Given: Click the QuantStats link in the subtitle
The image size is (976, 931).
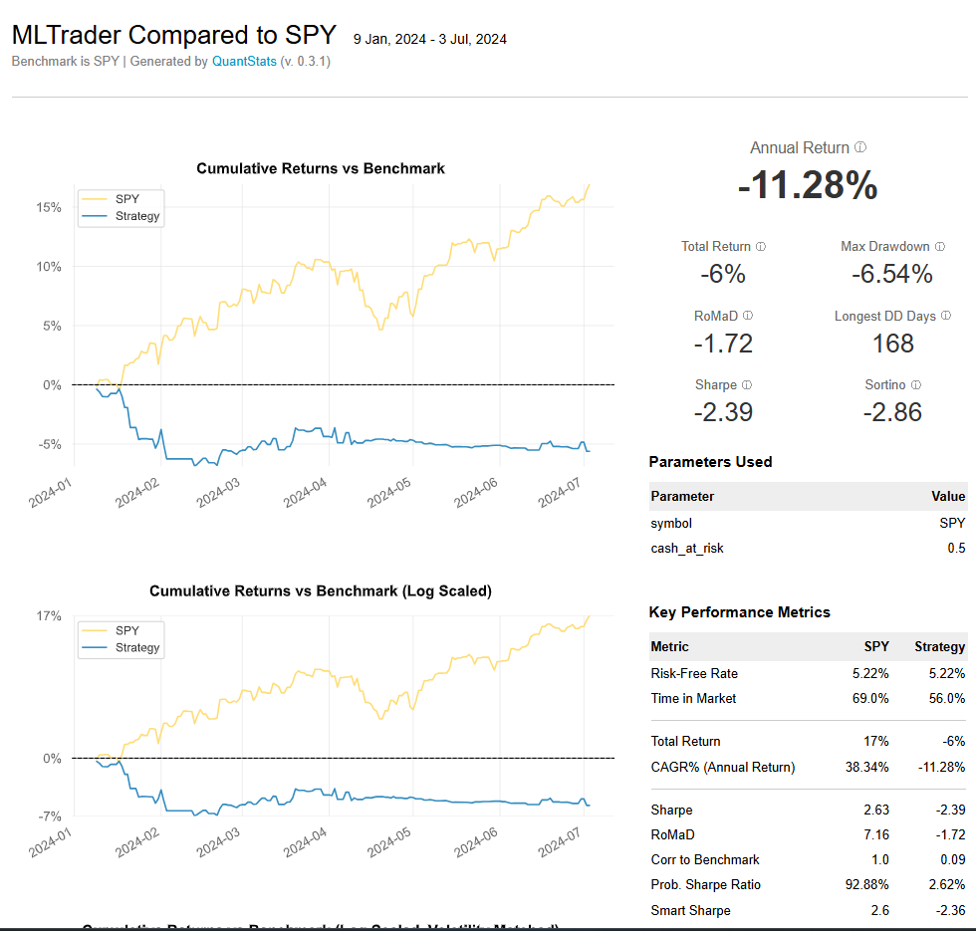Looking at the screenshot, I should coord(244,61).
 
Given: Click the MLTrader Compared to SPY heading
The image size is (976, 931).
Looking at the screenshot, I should coord(174,35).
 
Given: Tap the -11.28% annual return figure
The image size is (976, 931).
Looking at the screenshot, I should coord(808,186).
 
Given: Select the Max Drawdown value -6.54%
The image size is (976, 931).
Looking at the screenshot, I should coord(892,274).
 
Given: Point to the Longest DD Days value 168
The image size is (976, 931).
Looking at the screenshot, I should coord(892,344).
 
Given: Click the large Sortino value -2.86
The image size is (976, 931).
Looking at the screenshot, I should coord(892,411).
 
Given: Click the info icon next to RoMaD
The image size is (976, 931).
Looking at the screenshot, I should coord(748,316).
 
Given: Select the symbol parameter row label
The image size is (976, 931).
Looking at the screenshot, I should coord(671,523).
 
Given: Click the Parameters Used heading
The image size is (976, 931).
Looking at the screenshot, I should coord(710,462).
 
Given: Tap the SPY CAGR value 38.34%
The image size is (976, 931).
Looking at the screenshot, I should coord(865,767).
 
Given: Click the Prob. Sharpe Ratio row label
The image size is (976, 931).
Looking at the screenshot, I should coord(707,884).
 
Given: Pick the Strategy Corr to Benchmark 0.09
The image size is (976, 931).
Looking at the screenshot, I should coord(951,859).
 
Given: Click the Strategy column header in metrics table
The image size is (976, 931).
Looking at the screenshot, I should coord(939,646).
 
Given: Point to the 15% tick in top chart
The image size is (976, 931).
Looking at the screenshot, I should coord(49,207).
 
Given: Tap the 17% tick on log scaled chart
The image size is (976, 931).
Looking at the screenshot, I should coord(49,615).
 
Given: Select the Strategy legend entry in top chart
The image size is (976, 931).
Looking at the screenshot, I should coord(136,216).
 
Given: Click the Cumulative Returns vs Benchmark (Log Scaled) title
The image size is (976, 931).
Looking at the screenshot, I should coord(320,590).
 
